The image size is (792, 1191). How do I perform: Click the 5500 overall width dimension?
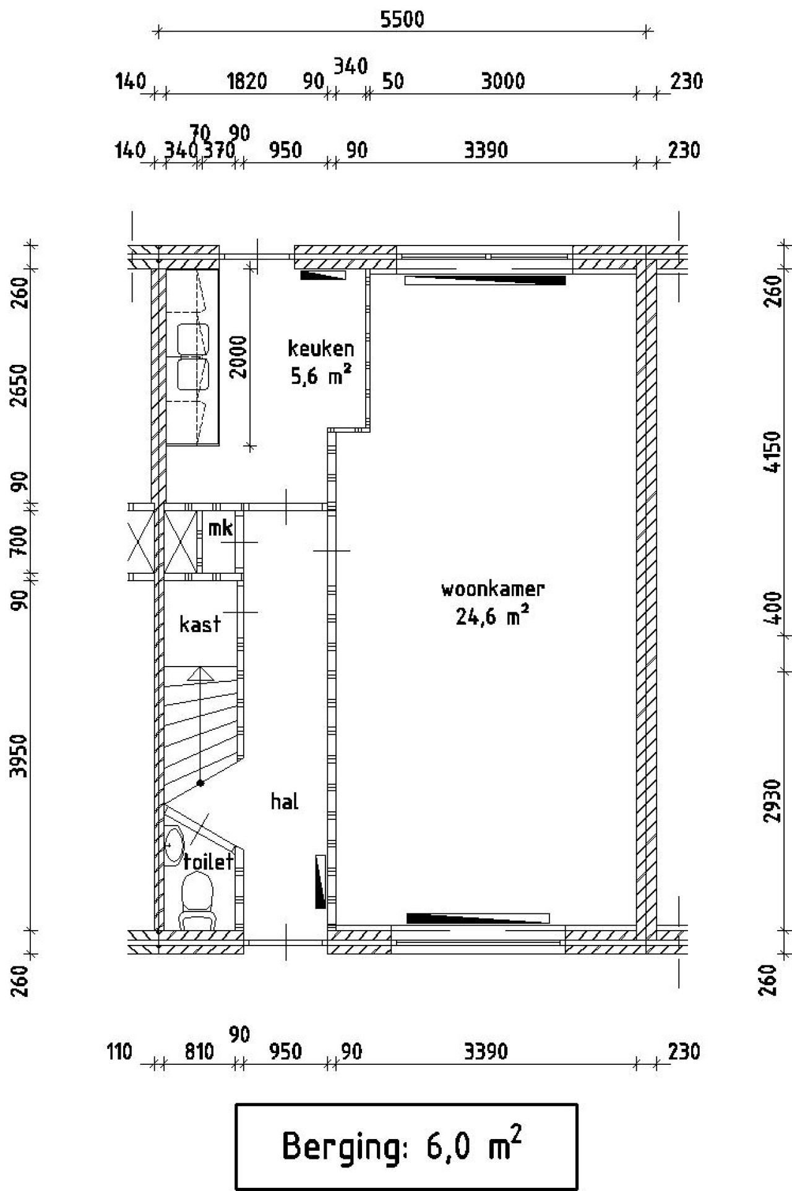click(x=402, y=20)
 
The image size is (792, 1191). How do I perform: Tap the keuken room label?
click(x=321, y=349)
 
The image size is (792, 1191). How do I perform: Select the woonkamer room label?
click(x=493, y=589)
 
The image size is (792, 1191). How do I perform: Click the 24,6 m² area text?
click(x=493, y=617)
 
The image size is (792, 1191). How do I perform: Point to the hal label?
click(x=285, y=801)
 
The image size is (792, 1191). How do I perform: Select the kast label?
click(x=199, y=624)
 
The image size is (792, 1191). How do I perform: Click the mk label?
click(x=220, y=528)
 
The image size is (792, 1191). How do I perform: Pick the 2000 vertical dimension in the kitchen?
click(x=239, y=357)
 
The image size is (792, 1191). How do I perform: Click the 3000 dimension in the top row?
click(x=502, y=81)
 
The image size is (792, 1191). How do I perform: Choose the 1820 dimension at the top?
click(x=247, y=81)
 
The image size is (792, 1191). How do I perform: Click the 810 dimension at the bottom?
click(x=199, y=1051)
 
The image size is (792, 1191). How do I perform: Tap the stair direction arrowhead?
click(x=200, y=673)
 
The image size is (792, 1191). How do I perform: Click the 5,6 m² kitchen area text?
click(x=321, y=376)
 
